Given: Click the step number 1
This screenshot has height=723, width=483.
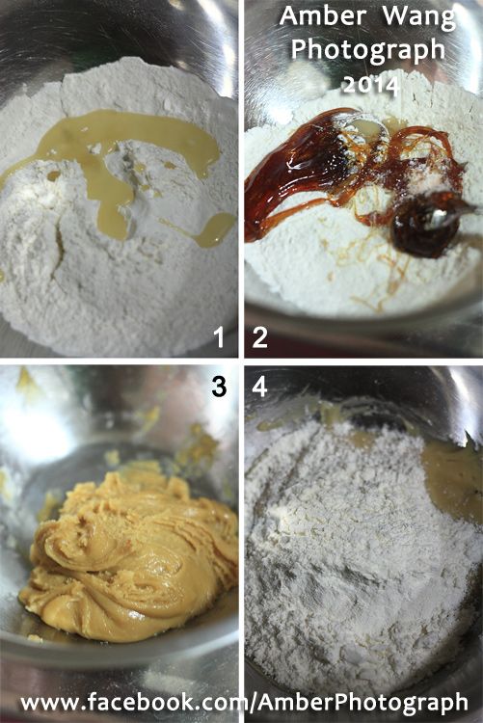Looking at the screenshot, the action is [219, 337].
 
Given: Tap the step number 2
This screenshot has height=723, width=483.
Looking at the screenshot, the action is [259, 337].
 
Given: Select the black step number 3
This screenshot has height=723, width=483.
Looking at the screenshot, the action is [219, 387].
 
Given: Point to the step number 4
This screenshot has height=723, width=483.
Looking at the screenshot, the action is [259, 387].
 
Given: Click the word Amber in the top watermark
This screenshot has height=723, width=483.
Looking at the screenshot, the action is [322, 15].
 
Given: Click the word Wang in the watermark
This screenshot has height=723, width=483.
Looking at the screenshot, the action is [419, 17].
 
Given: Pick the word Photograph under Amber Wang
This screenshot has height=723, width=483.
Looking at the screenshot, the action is [368, 50].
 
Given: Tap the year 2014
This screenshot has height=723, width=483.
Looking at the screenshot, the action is [370, 85].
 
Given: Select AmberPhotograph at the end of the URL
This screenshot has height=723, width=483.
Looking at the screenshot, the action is [362, 703].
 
